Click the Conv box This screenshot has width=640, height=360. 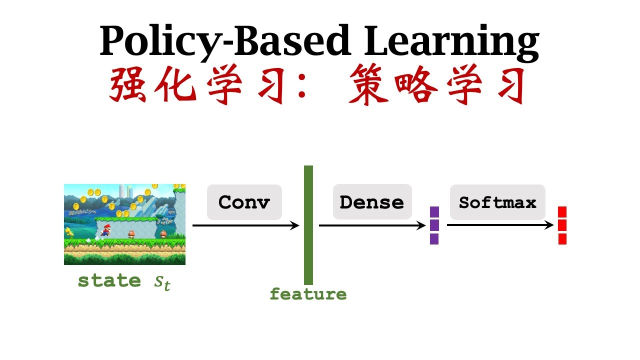coord(244,202)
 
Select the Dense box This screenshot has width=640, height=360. coord(372,202)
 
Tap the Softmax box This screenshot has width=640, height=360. coord(497,202)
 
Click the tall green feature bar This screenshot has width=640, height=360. coord(308,225)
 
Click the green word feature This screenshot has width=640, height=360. coord(308,294)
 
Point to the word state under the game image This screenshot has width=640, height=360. coord(109,280)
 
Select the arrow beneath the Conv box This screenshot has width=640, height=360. coord(245,225)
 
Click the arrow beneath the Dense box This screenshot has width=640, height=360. coord(372,225)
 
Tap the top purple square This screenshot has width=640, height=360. coord(434,211)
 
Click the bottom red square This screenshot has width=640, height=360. coord(562,239)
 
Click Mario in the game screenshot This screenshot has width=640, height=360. coord(105,229)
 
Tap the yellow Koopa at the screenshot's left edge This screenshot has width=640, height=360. coord(69,231)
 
